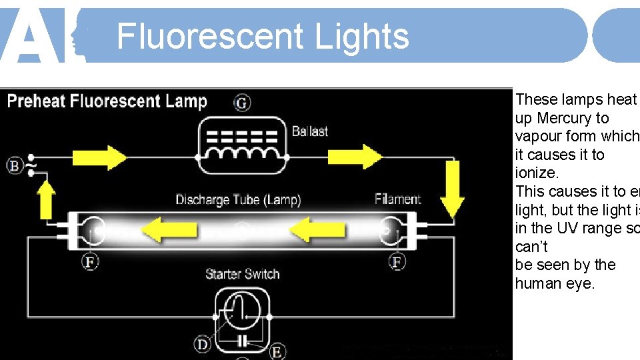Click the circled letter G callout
click(x=242, y=103)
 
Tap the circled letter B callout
click(x=15, y=165)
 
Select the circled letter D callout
click(x=202, y=344)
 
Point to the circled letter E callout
click(x=277, y=351)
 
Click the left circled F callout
click(x=90, y=262)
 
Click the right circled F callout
click(x=397, y=262)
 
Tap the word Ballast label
click(x=310, y=131)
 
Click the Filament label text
click(x=398, y=199)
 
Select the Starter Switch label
click(x=242, y=274)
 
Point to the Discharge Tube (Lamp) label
click(x=238, y=199)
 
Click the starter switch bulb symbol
click(x=242, y=311)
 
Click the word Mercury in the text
click(x=564, y=118)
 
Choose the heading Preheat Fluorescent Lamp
click(x=107, y=102)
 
